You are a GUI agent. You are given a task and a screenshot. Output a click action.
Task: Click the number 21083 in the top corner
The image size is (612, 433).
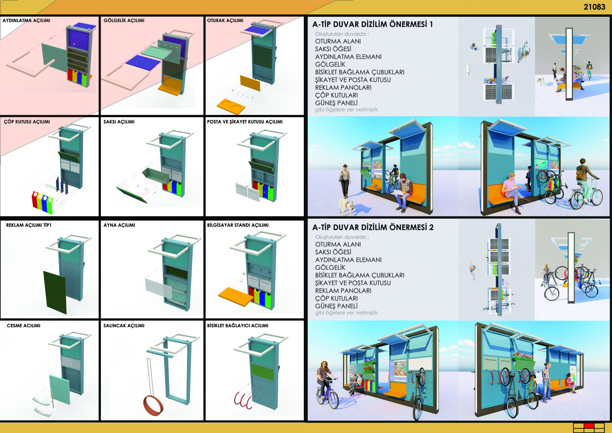click(x=594, y=7)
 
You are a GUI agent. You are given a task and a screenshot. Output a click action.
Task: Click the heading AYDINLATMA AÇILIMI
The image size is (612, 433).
click(x=26, y=21)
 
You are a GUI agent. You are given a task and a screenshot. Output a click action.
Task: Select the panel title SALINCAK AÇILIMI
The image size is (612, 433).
click(x=124, y=326)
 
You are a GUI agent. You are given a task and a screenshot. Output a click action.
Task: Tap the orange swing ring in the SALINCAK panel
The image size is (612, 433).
click(x=153, y=405)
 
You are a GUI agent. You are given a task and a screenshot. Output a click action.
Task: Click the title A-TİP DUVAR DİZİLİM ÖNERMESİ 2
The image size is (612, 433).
click(x=373, y=227)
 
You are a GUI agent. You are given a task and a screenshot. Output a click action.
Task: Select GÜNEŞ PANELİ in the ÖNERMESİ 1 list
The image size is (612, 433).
click(x=336, y=103)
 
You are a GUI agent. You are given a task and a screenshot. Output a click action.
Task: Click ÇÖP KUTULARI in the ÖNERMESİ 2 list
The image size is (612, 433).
click(x=336, y=298)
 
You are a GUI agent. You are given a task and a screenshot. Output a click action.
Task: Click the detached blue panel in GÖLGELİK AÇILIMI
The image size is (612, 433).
click(x=143, y=63)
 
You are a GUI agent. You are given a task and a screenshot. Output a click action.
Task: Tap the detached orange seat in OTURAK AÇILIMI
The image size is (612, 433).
click(x=231, y=106)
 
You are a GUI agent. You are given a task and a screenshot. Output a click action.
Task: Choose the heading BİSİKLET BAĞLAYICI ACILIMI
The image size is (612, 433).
click(x=237, y=326)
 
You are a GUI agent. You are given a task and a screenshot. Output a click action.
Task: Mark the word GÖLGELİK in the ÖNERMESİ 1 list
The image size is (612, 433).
click(x=330, y=64)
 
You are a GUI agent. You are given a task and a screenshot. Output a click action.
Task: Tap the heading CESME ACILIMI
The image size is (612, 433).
click(x=23, y=326)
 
